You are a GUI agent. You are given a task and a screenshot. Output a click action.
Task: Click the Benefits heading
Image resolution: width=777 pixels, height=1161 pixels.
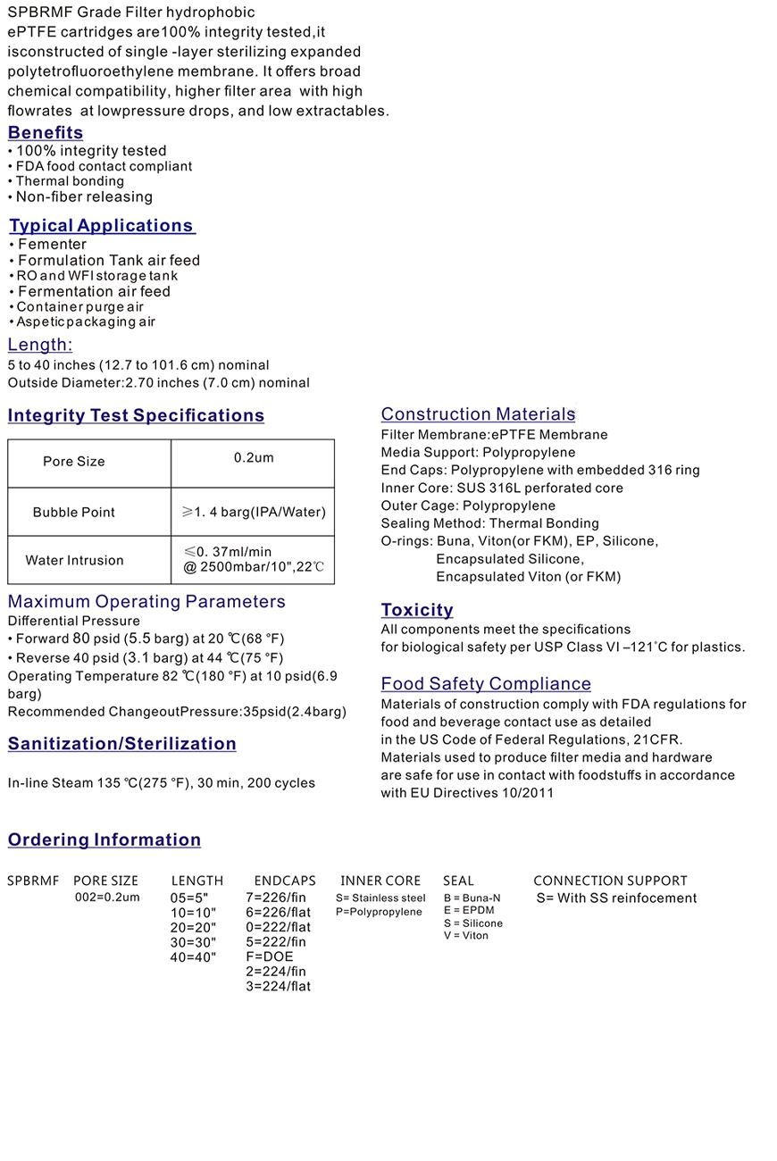(x=46, y=133)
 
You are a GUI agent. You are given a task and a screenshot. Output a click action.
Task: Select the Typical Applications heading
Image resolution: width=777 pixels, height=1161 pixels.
(x=102, y=226)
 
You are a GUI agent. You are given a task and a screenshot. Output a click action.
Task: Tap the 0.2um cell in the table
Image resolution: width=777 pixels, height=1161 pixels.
(x=254, y=458)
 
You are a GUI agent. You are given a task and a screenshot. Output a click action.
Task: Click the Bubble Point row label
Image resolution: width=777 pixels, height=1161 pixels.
(x=74, y=513)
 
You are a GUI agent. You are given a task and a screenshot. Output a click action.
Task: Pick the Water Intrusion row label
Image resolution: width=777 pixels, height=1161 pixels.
(x=75, y=561)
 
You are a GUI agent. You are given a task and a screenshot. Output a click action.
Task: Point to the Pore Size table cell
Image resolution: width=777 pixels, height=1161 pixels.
(x=74, y=462)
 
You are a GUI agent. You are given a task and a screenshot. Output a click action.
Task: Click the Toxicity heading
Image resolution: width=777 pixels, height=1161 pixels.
(x=417, y=610)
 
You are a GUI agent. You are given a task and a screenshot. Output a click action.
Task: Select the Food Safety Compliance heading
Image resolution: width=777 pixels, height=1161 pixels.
(x=486, y=684)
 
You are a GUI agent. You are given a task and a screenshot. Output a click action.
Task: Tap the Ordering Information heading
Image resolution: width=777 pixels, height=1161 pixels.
(x=104, y=840)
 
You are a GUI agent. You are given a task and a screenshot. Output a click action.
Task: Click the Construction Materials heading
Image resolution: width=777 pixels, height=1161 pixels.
(x=478, y=414)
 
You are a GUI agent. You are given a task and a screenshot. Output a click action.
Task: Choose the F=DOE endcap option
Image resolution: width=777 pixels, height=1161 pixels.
(x=270, y=956)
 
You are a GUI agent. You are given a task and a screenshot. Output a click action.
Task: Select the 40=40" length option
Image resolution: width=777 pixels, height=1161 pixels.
(x=194, y=957)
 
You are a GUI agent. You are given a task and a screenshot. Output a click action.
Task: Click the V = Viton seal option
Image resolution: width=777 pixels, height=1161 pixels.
(x=466, y=936)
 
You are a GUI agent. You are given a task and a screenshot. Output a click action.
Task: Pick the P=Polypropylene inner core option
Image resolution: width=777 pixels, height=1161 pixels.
(x=379, y=912)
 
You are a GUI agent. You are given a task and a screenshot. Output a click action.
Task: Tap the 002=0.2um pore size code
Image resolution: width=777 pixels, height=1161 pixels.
(x=107, y=898)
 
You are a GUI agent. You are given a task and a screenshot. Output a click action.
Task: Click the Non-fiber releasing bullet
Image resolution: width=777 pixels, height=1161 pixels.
(x=84, y=197)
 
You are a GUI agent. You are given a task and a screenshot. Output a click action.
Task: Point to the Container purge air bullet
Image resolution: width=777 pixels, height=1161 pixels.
(x=79, y=307)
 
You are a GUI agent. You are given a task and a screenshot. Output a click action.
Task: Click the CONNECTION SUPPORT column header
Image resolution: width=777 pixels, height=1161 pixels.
(x=610, y=881)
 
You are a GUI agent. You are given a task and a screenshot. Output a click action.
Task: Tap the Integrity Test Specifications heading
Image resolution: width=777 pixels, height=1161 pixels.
(x=136, y=416)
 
